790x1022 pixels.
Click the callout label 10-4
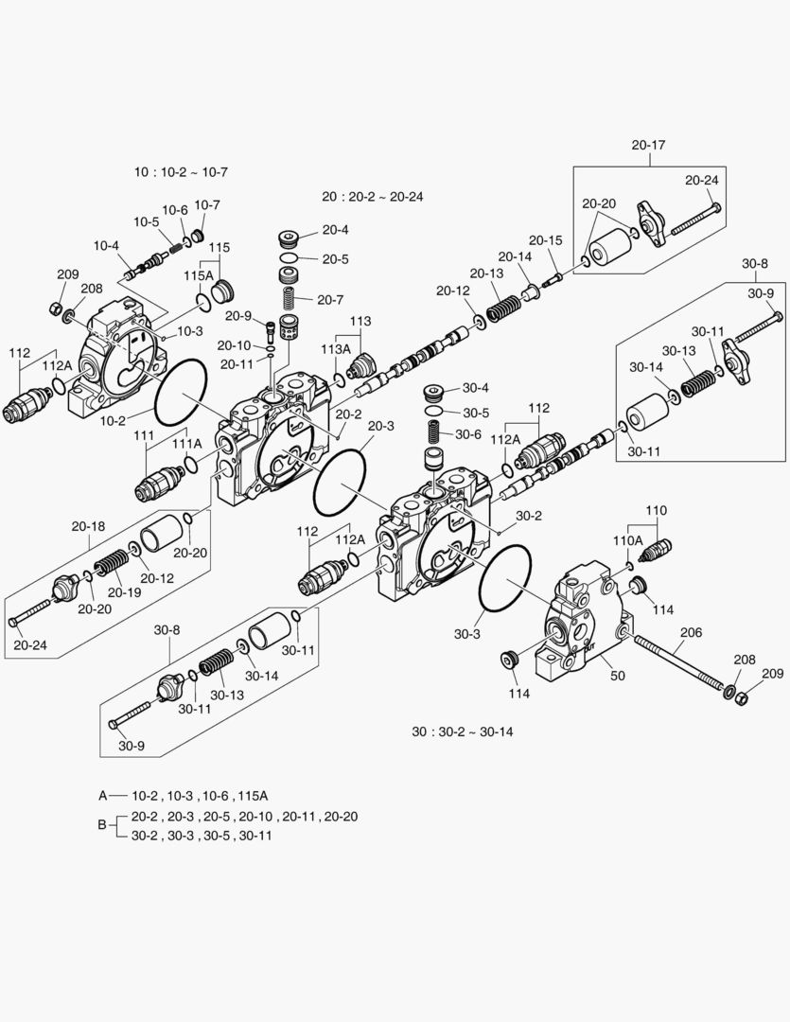point(105,246)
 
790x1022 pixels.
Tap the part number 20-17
point(648,145)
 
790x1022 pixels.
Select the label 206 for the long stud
point(691,633)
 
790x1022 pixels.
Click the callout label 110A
point(627,540)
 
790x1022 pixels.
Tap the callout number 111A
point(186,443)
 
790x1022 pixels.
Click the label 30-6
point(469,434)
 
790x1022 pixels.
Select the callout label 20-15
point(545,239)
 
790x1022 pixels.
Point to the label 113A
point(336,349)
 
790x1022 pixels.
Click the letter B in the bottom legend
point(102,825)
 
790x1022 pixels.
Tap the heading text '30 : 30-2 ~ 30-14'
point(463,731)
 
